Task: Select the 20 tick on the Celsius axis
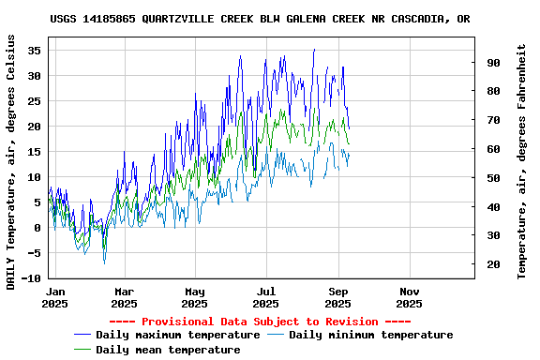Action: point(36,127)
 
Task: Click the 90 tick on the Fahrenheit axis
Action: point(493,62)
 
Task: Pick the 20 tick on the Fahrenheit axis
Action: point(493,264)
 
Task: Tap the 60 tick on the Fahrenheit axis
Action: point(493,149)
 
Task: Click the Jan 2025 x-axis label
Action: point(55,297)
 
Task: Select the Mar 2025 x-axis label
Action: point(125,297)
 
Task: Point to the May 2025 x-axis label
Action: point(195,297)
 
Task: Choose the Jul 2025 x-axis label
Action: point(266,297)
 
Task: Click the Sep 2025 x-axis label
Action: point(337,297)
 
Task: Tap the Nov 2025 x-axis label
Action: point(409,297)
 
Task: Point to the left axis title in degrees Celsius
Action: point(11,161)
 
